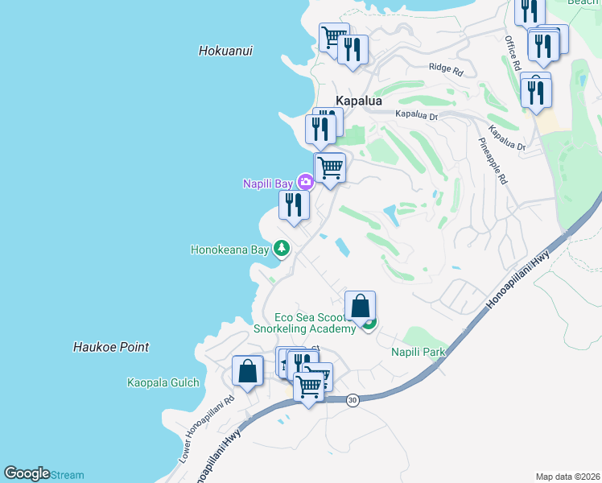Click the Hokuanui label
pyautogui.click(x=225, y=51)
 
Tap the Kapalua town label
pyautogui.click(x=358, y=101)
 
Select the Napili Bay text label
pyautogui.click(x=268, y=184)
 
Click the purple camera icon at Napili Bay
pyautogui.click(x=305, y=182)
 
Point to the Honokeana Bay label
pyautogui.click(x=229, y=250)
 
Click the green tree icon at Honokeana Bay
pyautogui.click(x=282, y=248)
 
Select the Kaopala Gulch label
pyautogui.click(x=163, y=382)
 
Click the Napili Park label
pyautogui.click(x=418, y=352)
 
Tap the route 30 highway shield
pyautogui.click(x=352, y=400)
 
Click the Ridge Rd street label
pyautogui.click(x=446, y=69)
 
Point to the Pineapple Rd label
pyautogui.click(x=492, y=161)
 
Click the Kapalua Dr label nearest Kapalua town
pyautogui.click(x=415, y=115)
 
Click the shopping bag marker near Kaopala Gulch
pyautogui.click(x=247, y=371)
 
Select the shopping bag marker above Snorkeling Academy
pyautogui.click(x=360, y=307)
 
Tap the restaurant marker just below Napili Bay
pyautogui.click(x=294, y=204)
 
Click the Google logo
pyautogui.click(x=27, y=474)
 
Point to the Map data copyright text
pyautogui.click(x=567, y=477)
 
